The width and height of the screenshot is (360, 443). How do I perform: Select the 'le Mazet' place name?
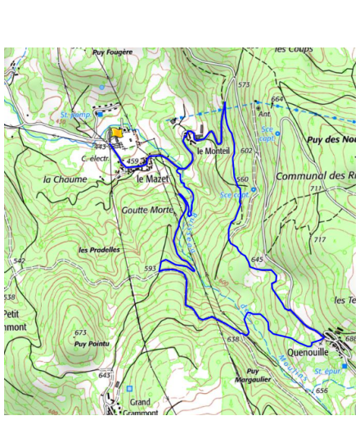(151, 179)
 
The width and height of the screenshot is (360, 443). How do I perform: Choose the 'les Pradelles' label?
(99, 249)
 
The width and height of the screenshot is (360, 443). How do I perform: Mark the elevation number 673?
(80, 332)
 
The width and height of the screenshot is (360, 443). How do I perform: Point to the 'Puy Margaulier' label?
(252, 375)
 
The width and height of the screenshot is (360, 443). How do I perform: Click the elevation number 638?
(234, 338)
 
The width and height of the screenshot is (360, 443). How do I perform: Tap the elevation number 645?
(258, 260)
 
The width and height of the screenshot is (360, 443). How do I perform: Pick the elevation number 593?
(150, 269)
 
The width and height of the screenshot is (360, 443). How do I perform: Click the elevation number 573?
(244, 84)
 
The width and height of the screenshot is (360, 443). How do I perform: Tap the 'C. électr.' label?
(96, 158)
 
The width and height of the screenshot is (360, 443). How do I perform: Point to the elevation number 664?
(277, 100)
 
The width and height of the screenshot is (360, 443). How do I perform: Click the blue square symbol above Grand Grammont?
(129, 387)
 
